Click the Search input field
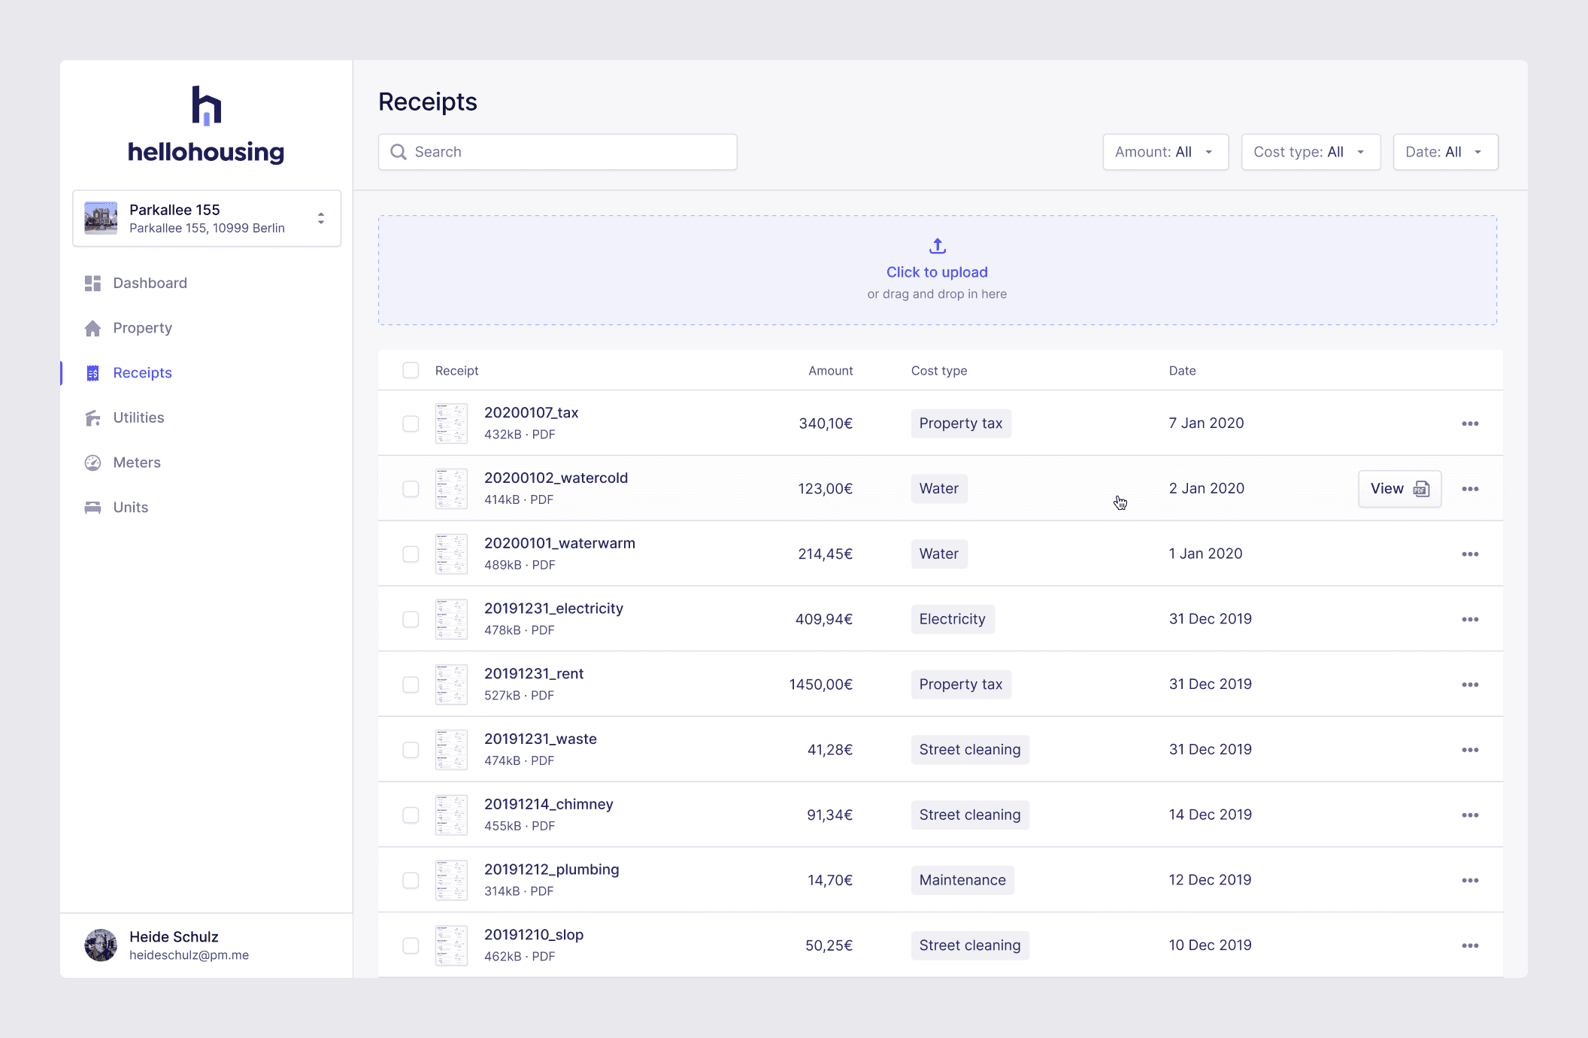[x=556, y=152]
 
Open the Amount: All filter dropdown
[x=1165, y=152]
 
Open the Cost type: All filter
[x=1310, y=152]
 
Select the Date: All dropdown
[x=1444, y=152]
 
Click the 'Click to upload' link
[x=936, y=272]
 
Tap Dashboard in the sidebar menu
[x=150, y=283]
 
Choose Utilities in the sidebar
[x=138, y=417]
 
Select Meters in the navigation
[x=137, y=463]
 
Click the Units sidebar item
[x=130, y=508]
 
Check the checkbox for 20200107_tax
[x=411, y=423]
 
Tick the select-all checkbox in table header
[x=411, y=370]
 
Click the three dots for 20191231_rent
[x=1470, y=684]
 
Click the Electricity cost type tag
[x=952, y=619]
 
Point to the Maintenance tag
[x=962, y=880]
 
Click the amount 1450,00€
[x=820, y=684]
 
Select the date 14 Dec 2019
[x=1210, y=815]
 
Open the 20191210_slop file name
[x=534, y=935]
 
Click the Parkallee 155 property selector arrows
[x=321, y=218]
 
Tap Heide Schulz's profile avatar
[x=101, y=945]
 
